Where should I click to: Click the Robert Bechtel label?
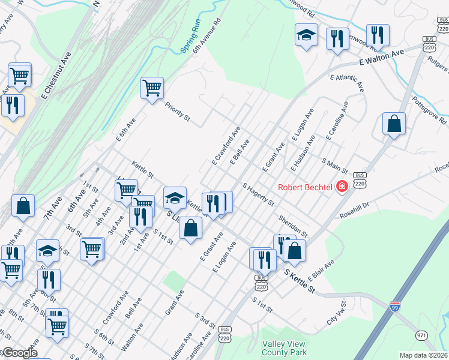(305, 187)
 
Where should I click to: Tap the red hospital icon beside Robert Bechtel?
(342, 187)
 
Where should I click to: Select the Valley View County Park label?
(284, 348)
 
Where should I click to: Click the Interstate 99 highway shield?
(395, 306)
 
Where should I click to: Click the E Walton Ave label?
(382, 58)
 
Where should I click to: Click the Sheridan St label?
(292, 226)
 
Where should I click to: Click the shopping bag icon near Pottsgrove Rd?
(394, 124)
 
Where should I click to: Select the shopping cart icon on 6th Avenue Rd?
(152, 88)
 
